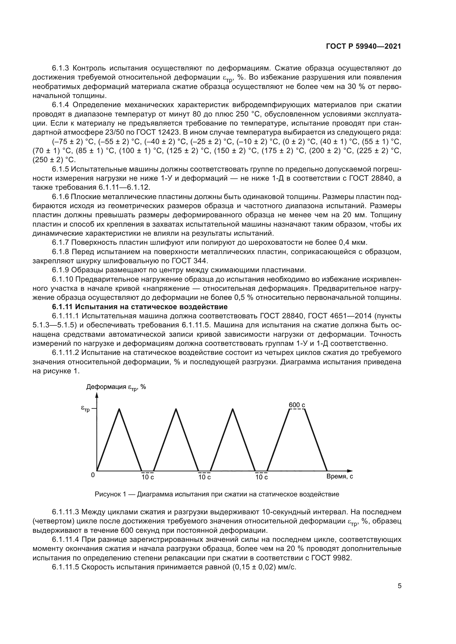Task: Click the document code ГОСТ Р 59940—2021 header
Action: click(x=363, y=47)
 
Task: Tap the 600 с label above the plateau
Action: click(x=297, y=405)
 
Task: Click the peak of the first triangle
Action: click(x=120, y=409)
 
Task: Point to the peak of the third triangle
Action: click(x=233, y=409)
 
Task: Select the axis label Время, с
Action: click(x=339, y=476)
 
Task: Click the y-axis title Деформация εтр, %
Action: click(x=116, y=387)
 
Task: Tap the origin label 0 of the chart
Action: click(x=93, y=475)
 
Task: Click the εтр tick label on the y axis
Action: click(x=85, y=409)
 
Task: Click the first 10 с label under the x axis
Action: click(x=147, y=477)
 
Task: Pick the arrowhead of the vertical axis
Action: click(x=97, y=395)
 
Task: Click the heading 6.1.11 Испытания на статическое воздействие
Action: click(x=140, y=306)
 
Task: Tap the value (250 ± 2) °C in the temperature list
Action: click(x=54, y=160)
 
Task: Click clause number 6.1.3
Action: click(x=61, y=68)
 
